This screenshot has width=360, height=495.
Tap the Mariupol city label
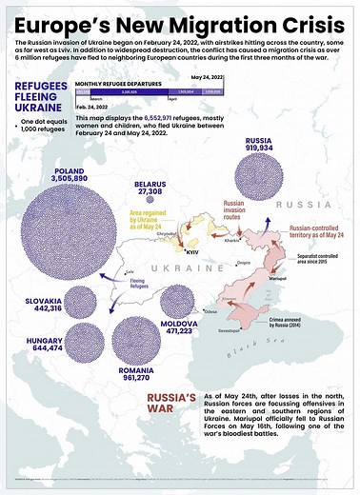pyautogui.click(x=270, y=279)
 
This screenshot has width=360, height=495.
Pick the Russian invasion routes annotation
pyautogui.click(x=235, y=208)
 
